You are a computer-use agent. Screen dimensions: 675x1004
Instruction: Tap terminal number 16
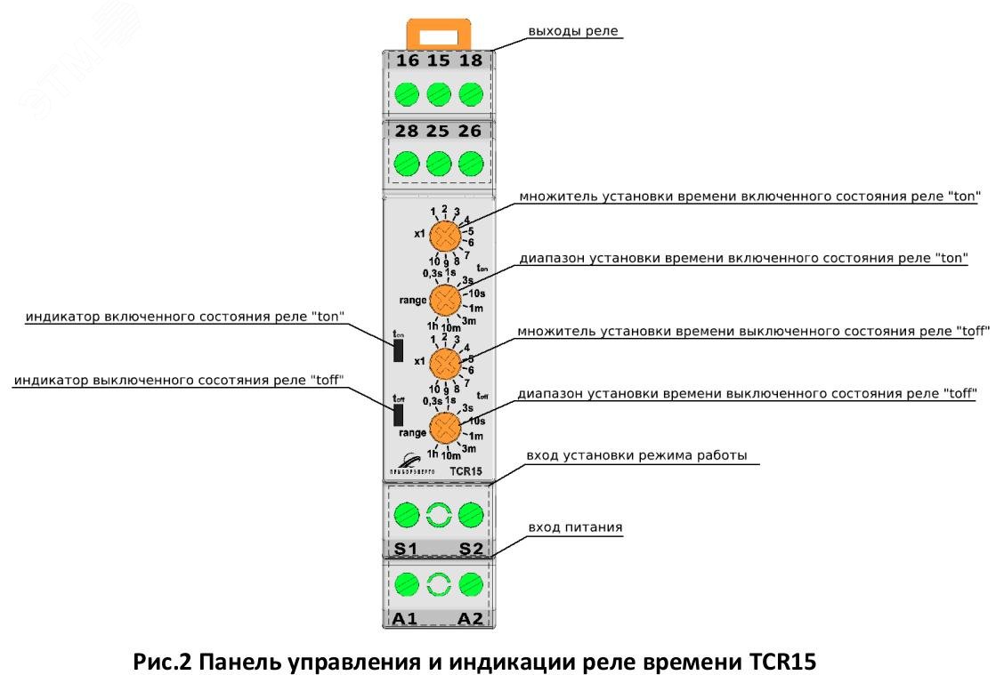408,61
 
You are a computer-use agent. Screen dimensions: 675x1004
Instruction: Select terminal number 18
471,61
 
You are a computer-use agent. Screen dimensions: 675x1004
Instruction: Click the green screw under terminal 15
439,93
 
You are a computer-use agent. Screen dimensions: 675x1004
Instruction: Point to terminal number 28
408,132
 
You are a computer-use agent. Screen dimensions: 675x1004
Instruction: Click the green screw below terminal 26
471,164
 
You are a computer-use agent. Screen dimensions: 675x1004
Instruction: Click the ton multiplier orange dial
443,237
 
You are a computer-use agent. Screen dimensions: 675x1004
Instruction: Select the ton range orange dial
444,298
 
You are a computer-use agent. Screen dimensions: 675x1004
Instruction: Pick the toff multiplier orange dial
443,363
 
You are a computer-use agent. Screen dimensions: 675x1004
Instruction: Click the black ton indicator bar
397,350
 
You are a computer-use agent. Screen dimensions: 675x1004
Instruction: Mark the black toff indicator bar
398,415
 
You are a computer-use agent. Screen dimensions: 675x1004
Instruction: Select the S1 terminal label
406,549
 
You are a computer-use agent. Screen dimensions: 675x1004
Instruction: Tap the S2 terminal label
471,549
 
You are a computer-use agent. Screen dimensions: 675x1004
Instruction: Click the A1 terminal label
405,619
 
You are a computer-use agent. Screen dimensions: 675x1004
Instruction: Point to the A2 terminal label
471,619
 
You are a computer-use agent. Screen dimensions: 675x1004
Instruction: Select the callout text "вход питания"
577,527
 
